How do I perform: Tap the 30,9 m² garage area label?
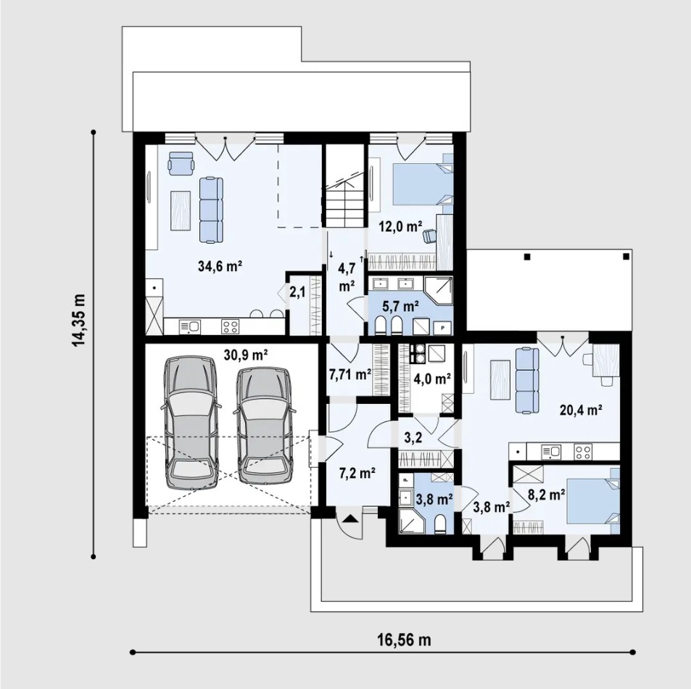pos(246,355)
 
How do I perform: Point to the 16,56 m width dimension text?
pos(404,639)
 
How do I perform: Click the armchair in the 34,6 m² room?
pos(181,163)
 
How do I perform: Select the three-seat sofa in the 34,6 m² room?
pos(211,210)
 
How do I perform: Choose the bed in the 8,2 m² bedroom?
pos(592,500)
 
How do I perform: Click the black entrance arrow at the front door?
pos(349,519)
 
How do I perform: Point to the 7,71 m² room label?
pos(350,374)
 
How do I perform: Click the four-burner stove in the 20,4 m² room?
pos(583,451)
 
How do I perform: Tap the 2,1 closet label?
pos(297,292)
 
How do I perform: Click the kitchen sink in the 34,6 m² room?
pos(189,326)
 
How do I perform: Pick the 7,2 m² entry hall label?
pos(357,474)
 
